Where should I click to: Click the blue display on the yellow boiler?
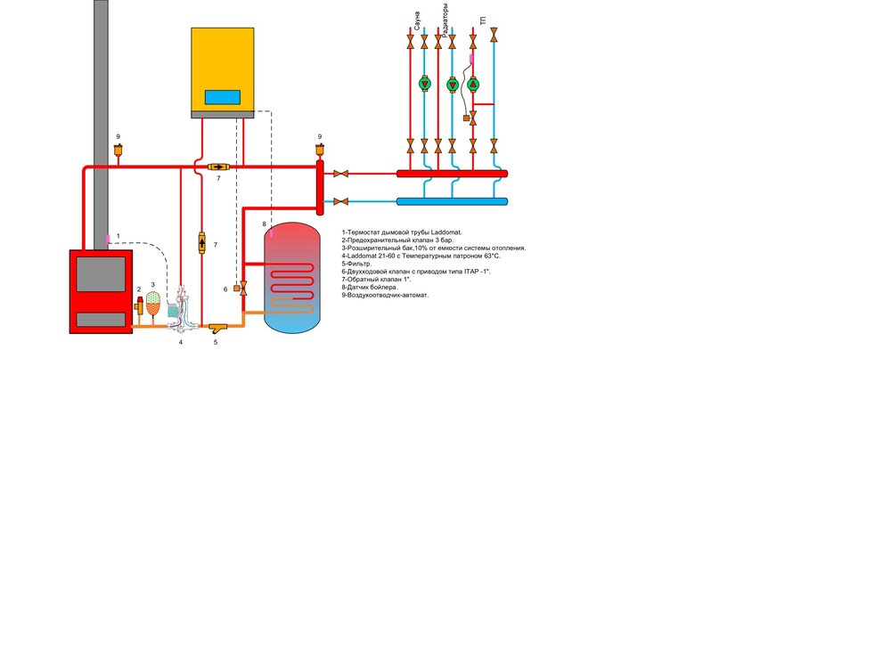(222, 97)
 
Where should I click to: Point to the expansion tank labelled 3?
(153, 303)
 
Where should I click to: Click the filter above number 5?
(217, 329)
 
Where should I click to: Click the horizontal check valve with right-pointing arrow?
(217, 167)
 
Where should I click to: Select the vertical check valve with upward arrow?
(201, 243)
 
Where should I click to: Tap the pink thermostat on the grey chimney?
(108, 238)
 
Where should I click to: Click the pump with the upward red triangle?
(473, 85)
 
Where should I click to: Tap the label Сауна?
(417, 16)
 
